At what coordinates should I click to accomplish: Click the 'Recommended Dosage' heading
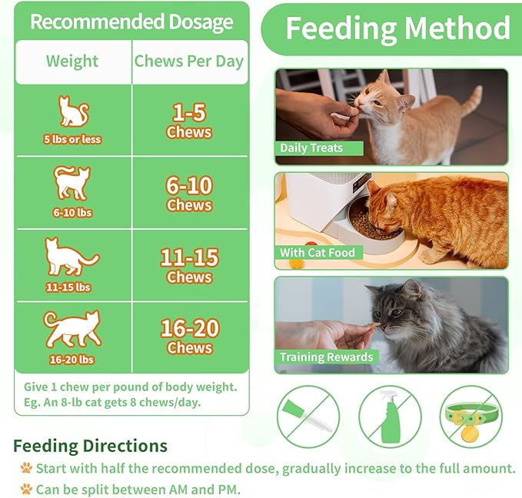(x=131, y=22)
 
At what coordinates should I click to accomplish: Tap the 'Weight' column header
(x=72, y=61)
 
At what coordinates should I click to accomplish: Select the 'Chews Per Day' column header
(x=189, y=61)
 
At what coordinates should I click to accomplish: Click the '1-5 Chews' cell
(x=189, y=121)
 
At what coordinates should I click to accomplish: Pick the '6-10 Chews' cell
(x=189, y=193)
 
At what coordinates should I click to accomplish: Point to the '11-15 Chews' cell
(x=189, y=265)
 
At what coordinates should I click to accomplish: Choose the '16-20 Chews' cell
(x=189, y=337)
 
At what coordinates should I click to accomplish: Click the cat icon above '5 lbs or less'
(x=73, y=112)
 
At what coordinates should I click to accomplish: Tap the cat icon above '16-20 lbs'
(x=72, y=329)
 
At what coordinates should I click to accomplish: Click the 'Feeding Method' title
(x=397, y=28)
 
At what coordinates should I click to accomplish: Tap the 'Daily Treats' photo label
(x=311, y=148)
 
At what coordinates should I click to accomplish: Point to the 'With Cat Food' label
(x=318, y=252)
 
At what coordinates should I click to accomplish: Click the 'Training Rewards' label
(x=326, y=357)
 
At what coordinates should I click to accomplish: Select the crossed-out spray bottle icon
(x=391, y=418)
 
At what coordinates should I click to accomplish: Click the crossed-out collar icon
(x=470, y=418)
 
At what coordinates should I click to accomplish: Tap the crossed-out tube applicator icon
(x=309, y=418)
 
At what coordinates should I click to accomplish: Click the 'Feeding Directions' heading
(x=90, y=446)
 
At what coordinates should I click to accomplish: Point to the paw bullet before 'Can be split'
(x=26, y=488)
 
